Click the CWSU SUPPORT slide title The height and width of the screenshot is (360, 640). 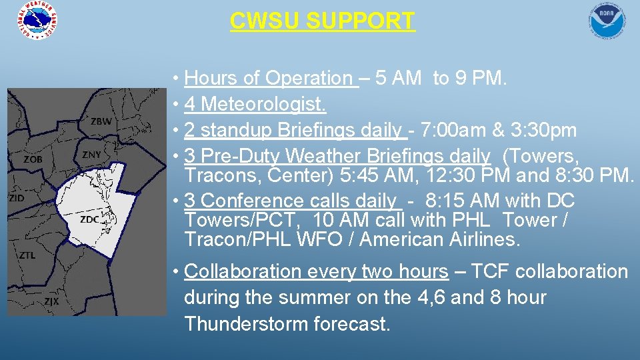[322, 21]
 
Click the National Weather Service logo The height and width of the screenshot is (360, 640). [37, 20]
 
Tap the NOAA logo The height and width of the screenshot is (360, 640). [607, 20]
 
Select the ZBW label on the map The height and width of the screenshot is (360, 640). [101, 121]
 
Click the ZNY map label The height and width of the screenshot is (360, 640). [91, 155]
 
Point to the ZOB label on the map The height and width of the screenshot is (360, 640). [33, 159]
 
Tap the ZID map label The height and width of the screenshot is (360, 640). [16, 198]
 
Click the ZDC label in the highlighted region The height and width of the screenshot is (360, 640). [89, 219]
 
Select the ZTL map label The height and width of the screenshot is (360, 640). [28, 255]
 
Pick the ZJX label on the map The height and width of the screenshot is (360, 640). [51, 301]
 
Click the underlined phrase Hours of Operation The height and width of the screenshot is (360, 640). [269, 79]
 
